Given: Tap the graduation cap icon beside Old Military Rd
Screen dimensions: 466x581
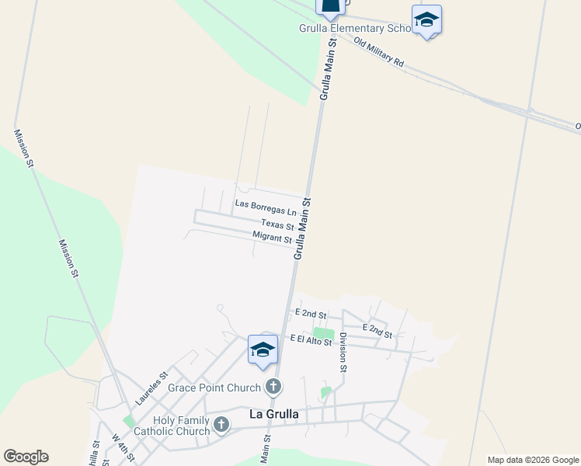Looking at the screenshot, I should [426, 19].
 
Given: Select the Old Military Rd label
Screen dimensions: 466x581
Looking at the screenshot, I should [378, 51].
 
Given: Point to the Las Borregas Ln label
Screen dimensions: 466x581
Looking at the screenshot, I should [266, 211].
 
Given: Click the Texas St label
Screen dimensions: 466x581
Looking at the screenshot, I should [277, 225].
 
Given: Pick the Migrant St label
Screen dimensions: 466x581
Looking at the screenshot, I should [272, 238].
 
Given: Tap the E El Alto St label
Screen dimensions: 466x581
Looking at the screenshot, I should [311, 339].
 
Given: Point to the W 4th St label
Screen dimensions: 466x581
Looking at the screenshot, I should [123, 445].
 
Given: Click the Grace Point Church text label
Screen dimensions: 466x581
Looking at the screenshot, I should [222, 386].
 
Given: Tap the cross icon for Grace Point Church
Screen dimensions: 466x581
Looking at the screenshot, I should [273, 386].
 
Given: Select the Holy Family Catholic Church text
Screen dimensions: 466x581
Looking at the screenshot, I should [182, 426].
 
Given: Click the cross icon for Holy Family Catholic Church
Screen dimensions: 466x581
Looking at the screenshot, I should [221, 425].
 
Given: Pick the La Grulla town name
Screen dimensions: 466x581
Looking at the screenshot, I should [274, 414].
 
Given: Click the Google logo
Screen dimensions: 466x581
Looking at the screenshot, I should [26, 457].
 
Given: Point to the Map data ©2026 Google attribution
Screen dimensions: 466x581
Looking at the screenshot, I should [534, 460].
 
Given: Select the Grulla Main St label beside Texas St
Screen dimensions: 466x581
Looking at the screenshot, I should [303, 227].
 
